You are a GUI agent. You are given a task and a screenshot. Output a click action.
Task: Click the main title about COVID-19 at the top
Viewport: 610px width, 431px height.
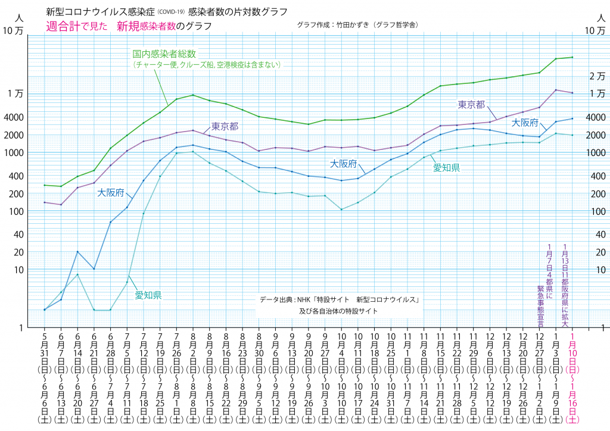point(166,12)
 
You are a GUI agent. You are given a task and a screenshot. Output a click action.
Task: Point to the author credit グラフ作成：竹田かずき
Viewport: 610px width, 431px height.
point(360,25)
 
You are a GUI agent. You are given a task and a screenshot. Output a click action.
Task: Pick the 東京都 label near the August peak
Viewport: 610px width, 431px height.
point(225,126)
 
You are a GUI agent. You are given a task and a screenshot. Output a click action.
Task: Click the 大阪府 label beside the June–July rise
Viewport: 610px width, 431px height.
point(111,193)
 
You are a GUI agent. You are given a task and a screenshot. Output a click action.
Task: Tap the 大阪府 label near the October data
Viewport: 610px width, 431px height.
point(344,163)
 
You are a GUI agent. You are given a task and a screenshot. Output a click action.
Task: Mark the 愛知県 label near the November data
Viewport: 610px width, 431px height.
point(446,168)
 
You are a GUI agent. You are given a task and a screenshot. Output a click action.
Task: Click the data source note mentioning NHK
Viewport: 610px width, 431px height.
point(340,300)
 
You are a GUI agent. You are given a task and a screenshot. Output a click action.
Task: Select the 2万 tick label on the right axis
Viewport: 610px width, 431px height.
point(597,76)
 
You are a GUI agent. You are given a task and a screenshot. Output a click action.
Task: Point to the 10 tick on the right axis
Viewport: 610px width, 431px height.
point(597,270)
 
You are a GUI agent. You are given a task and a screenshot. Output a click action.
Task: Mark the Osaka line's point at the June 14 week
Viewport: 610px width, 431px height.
point(77,252)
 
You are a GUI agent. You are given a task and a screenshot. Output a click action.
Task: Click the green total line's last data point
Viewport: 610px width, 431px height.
point(572,57)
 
